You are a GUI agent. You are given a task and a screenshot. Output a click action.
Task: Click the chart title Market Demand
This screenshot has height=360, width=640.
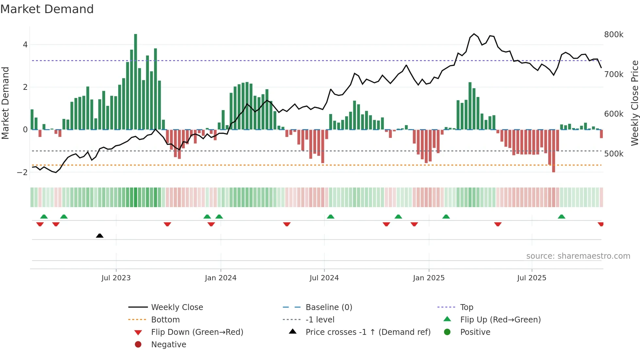point(47,9)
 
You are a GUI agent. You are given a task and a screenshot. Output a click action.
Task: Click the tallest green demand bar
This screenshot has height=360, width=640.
point(136,82)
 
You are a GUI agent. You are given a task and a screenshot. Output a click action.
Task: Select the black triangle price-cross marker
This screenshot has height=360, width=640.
point(100,236)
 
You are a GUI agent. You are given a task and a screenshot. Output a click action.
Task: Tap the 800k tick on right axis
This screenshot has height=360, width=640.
point(614,35)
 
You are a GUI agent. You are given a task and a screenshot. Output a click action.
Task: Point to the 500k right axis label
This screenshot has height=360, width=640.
point(614,154)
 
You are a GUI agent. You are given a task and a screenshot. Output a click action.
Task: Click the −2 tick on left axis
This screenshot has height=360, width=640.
point(23,172)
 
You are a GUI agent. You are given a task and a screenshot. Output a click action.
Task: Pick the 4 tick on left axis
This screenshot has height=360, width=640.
point(25,45)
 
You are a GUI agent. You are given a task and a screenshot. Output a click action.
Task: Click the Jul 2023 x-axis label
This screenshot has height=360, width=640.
point(116,278)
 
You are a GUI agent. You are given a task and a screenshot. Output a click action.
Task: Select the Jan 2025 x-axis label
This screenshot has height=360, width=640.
point(428,278)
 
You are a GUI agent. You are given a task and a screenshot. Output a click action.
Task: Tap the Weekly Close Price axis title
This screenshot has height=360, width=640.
point(634,103)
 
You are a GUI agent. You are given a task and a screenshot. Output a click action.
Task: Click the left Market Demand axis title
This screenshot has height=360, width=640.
point(5,103)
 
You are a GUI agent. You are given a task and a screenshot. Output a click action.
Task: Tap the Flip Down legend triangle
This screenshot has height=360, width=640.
point(138,333)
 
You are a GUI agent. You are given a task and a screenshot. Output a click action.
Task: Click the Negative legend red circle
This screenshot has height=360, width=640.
point(138,345)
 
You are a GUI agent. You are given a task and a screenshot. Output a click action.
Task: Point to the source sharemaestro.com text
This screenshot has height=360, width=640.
point(578,256)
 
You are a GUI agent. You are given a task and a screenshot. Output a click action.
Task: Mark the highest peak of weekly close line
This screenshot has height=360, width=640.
point(474,34)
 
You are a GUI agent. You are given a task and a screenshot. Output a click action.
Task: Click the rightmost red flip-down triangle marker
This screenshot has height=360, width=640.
point(600,224)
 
